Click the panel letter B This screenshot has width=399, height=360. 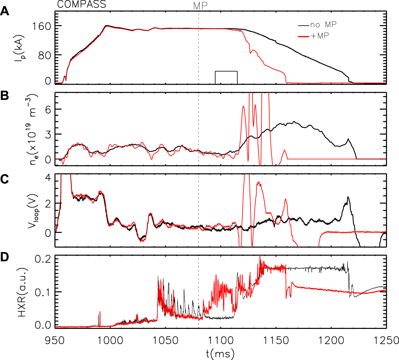[x=5, y=96]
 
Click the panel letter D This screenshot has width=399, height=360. [x=5, y=258]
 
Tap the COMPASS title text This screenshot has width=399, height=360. [x=82, y=4]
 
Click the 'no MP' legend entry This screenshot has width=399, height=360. [x=323, y=25]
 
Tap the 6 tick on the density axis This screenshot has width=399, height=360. [x=48, y=109]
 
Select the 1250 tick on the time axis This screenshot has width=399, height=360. [x=385, y=341]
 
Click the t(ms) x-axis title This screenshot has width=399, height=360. [x=220, y=354]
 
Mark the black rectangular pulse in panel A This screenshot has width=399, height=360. [x=226, y=77]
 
